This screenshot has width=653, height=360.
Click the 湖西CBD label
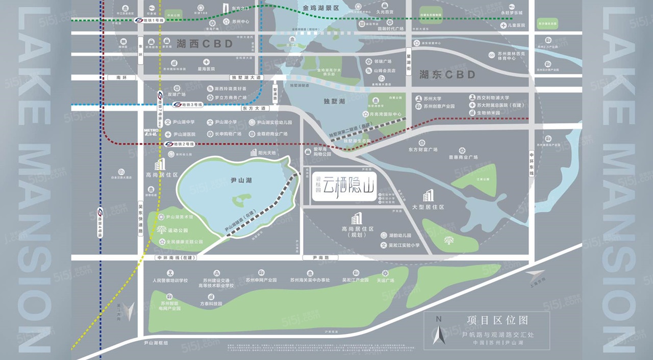(x=204, y=44)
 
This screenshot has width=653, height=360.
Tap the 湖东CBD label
(x=447, y=75)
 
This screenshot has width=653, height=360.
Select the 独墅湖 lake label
(x=334, y=101)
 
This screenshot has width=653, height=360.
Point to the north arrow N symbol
(x=438, y=320)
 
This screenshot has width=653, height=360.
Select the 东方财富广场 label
(x=423, y=150)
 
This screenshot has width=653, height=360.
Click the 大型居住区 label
(x=428, y=207)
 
